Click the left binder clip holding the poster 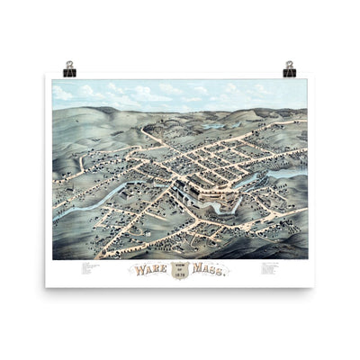[69, 69]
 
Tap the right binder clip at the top [290, 69]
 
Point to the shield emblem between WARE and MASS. [181, 269]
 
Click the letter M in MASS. [197, 268]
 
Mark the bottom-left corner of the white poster [47, 286]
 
